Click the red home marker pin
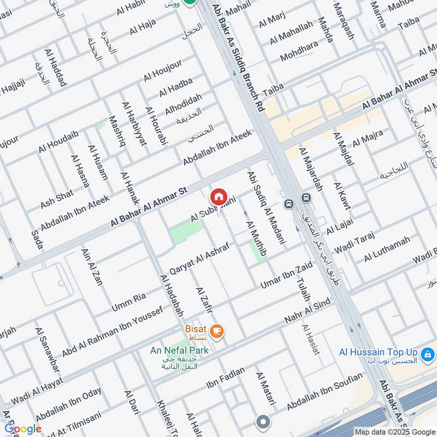[218, 196]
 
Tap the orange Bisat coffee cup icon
[217, 331]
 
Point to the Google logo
[23, 429]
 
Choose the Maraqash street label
[344, 22]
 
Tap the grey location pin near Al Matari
[263, 422]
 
